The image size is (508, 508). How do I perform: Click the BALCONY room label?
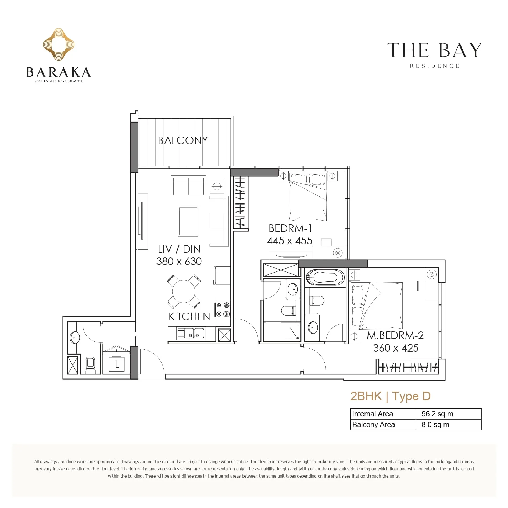coord(183,140)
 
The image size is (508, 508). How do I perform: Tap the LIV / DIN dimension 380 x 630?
coord(179,261)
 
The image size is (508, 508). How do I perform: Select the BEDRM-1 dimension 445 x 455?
coord(290,241)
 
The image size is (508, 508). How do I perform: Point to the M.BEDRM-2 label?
coord(395,335)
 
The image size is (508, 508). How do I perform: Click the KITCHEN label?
coord(189,317)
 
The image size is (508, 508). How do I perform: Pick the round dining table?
coord(184,292)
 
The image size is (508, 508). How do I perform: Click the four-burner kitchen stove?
coord(223,309)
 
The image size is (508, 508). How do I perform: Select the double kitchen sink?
coord(191,333)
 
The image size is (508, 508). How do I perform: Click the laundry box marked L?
coord(117,364)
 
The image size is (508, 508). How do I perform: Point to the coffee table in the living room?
coord(188,221)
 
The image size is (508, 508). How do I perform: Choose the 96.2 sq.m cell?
coord(437,414)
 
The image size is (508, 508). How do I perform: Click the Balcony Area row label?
coord(373,425)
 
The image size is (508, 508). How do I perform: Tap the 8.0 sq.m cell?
coord(435,425)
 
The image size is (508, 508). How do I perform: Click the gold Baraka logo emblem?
coord(59,45)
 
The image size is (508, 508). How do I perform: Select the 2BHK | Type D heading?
coord(391,396)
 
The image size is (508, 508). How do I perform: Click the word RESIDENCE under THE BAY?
coord(434,66)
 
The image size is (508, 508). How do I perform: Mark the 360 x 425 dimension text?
coord(396,348)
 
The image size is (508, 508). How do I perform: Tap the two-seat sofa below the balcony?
coord(188,185)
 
